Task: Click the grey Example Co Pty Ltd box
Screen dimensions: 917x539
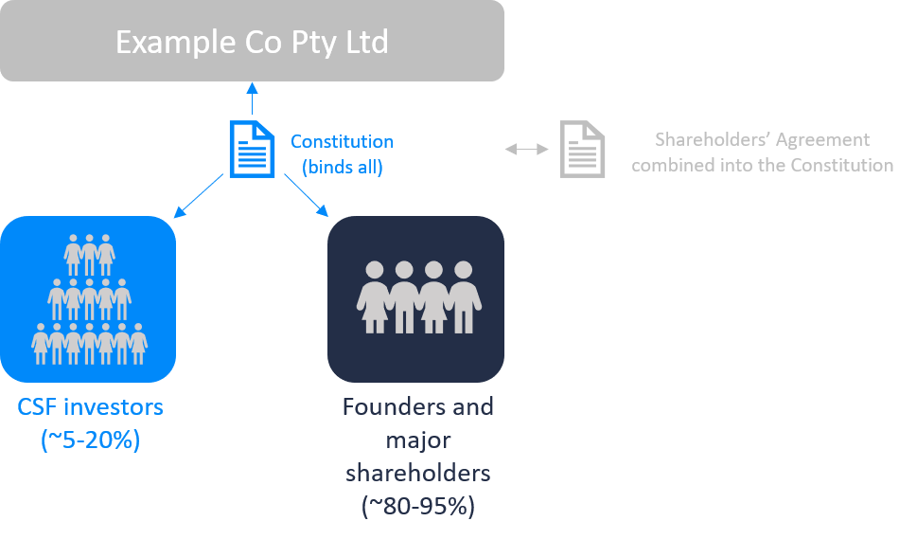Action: (252, 41)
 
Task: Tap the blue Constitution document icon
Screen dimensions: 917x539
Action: (252, 150)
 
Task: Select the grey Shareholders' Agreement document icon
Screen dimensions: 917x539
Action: (582, 150)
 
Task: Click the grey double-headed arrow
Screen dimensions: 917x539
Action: (527, 150)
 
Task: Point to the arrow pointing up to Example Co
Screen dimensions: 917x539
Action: (252, 99)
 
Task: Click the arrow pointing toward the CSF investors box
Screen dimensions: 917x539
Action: (198, 195)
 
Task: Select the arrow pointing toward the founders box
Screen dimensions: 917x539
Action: (307, 195)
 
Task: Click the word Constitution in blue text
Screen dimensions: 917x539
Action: (343, 142)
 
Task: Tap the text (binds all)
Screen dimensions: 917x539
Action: (343, 168)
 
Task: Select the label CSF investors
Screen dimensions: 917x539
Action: (90, 406)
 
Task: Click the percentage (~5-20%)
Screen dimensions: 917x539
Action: (91, 440)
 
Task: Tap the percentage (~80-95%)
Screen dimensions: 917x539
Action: (418, 506)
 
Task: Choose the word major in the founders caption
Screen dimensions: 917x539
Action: (418, 441)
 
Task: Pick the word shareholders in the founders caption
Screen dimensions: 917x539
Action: (418, 473)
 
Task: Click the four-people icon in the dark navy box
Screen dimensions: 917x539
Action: (418, 297)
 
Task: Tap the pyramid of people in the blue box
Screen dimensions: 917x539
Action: (90, 299)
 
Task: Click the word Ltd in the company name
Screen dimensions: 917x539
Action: (366, 42)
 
